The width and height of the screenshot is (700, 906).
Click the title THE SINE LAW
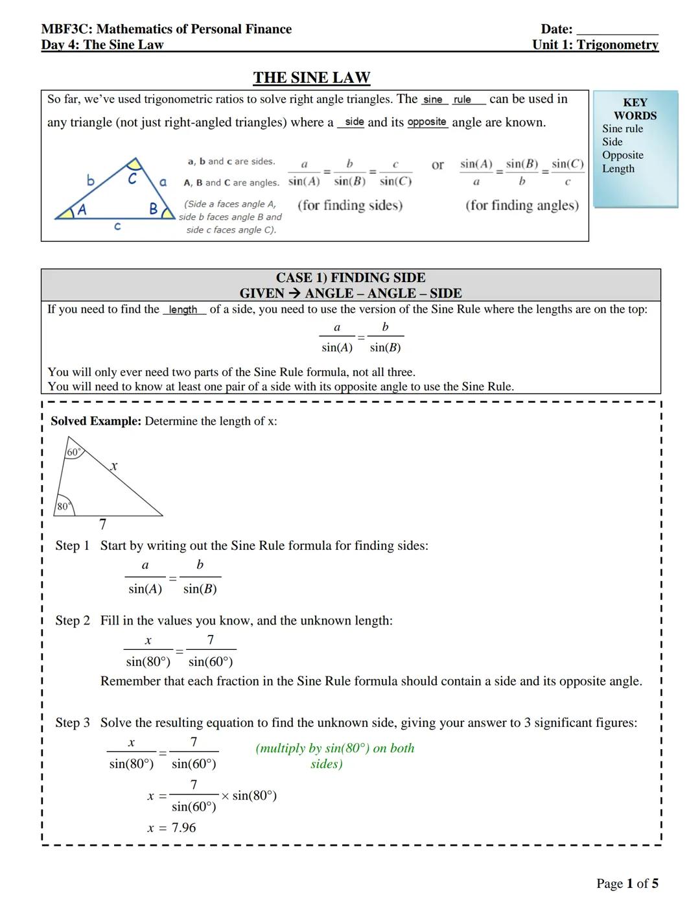pos(311,78)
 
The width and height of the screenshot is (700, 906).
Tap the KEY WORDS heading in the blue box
pos(635,109)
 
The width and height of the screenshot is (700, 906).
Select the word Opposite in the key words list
pos(622,155)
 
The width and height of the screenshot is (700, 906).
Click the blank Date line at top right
pos(616,30)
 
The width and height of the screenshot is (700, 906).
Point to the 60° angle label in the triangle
pos(74,452)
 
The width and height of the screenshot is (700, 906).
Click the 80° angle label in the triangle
pos(63,507)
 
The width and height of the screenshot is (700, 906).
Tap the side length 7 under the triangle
pos(102,524)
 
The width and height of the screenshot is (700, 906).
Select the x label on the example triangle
pos(114,466)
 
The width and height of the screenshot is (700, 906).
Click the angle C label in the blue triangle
pos(132,178)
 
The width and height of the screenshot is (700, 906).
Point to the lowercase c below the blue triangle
pos(117,226)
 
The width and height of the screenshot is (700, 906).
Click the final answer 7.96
pos(183,828)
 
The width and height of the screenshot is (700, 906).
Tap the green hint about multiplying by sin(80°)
pos(334,756)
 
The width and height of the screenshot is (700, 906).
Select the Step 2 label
pos(72,621)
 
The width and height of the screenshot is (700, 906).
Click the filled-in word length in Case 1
pos(183,310)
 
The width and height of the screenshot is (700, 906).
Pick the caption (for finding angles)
pos(522,206)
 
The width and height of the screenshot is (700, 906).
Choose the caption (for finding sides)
pos(350,206)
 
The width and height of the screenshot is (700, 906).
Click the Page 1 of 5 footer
pos(627,883)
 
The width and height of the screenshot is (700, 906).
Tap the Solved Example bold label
pos(95,422)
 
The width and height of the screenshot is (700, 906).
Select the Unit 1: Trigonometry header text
pos(594,45)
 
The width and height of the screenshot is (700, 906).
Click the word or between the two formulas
pos(437,165)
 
